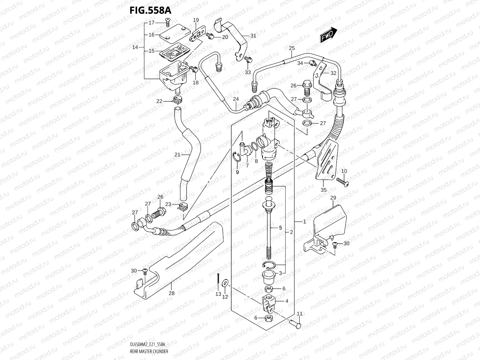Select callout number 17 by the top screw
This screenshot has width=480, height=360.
(x=151, y=22)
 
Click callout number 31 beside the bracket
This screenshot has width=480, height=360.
(x=253, y=36)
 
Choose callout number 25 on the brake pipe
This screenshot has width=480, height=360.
(x=292, y=48)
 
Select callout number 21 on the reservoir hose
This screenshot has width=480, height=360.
(x=177, y=155)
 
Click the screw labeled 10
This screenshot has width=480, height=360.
(x=343, y=183)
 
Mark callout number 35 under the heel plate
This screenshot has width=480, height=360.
(x=323, y=190)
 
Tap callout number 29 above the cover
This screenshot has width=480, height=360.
(x=333, y=198)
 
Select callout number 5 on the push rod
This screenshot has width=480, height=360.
(x=280, y=228)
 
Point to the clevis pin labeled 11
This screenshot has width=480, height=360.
(x=295, y=324)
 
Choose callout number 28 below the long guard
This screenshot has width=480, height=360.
(x=171, y=293)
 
